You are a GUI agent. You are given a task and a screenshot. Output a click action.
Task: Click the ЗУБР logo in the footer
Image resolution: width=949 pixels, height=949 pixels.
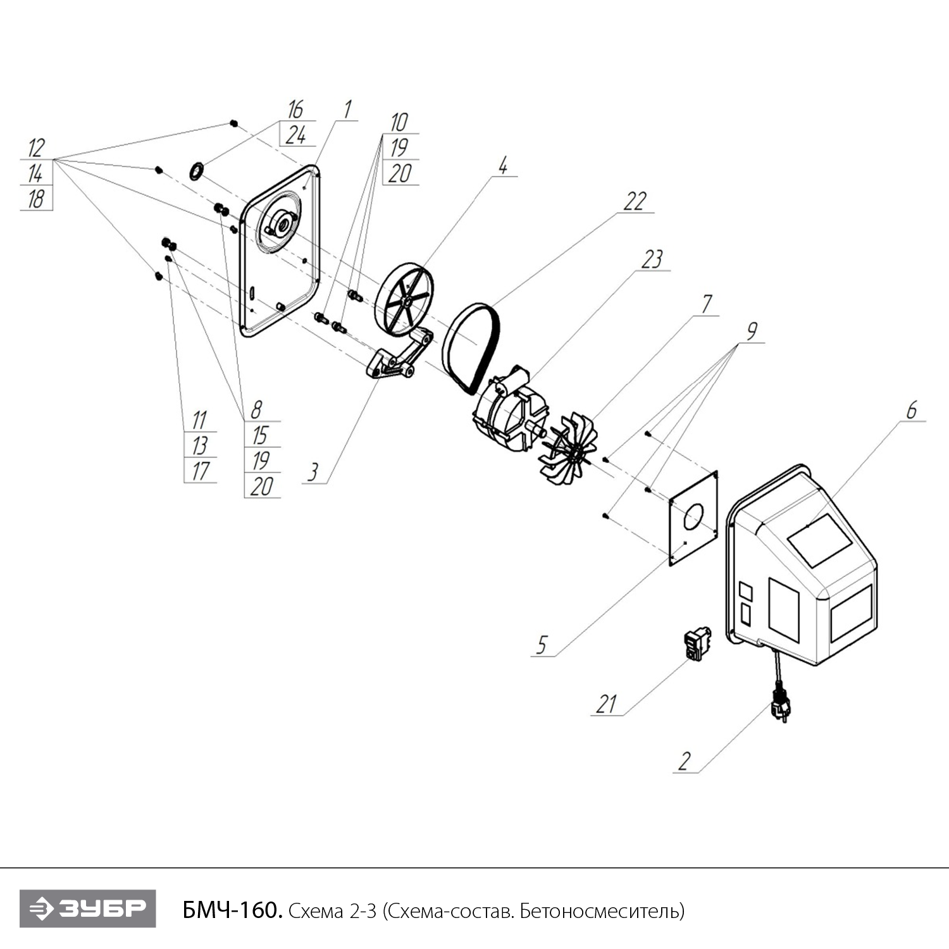click(87, 909)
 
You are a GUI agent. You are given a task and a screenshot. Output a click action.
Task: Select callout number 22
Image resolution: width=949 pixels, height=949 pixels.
click(635, 202)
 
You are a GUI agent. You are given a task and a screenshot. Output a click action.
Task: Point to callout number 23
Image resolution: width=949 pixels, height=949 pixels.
click(652, 259)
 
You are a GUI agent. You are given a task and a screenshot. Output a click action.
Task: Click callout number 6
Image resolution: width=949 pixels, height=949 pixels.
click(911, 411)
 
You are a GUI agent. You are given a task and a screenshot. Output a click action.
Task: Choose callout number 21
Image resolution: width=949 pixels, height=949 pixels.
click(607, 704)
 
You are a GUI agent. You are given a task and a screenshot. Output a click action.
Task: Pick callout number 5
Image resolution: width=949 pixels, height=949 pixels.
click(542, 645)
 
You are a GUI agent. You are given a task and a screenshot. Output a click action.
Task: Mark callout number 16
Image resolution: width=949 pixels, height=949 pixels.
click(295, 109)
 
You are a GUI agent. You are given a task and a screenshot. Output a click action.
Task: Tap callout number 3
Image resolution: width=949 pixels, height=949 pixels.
click(313, 472)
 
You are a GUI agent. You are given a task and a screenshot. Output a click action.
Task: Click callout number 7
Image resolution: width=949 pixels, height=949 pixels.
click(707, 304)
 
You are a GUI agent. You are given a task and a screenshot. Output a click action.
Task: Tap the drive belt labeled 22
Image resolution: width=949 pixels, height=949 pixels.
click(471, 346)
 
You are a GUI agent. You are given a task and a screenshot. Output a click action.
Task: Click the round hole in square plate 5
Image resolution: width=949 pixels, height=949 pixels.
click(693, 516)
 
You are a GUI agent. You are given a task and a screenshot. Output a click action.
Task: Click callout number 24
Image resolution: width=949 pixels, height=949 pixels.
click(295, 135)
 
